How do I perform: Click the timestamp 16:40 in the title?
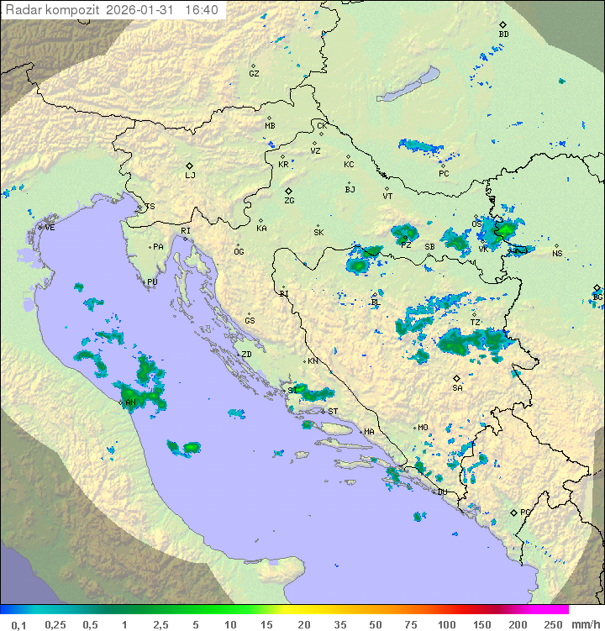201,9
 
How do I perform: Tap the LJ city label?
190,176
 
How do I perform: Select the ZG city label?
289,201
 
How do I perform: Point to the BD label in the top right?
503,34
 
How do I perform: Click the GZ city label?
254,74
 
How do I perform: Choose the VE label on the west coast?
50,227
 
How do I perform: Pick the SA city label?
457,388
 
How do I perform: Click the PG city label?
525,512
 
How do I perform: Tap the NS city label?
556,254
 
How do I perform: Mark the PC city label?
444,173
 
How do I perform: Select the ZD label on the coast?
246,355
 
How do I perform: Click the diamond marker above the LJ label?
190,165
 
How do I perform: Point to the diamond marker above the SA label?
457,378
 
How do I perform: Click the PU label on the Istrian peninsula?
152,282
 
